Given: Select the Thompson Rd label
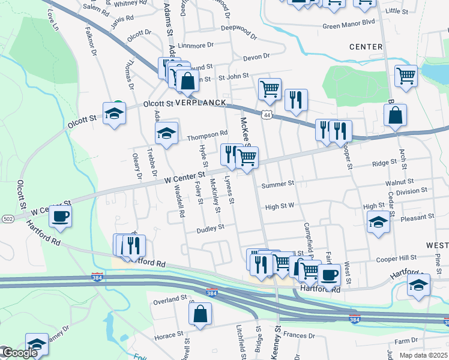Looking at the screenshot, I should click(x=208, y=133).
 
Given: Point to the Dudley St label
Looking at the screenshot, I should click(x=211, y=228).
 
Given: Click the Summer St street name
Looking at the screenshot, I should click(x=277, y=184).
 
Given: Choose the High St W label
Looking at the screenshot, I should click(x=280, y=206).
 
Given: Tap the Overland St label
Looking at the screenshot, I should click(x=170, y=299).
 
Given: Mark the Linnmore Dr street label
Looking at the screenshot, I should click(x=196, y=45).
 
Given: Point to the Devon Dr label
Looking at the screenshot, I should click(x=256, y=57).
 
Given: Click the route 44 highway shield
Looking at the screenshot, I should click(x=267, y=114).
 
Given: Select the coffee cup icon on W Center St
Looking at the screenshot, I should click(x=60, y=216).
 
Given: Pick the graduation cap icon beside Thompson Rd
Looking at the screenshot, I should click(x=167, y=132).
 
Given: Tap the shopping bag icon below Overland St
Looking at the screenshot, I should click(x=201, y=313).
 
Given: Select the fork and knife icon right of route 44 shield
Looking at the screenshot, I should click(x=295, y=100).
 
